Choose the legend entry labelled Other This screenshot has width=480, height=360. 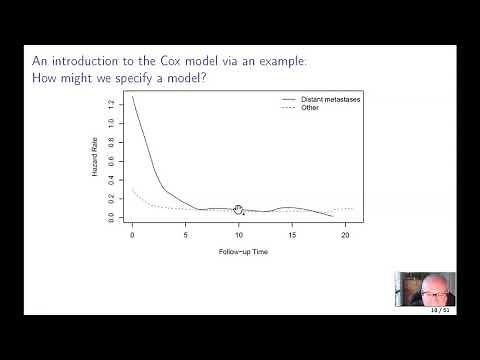click(309, 108)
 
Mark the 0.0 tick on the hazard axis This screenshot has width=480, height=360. click(111, 216)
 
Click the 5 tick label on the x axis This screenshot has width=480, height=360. click(185, 236)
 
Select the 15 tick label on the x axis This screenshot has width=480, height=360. click(292, 236)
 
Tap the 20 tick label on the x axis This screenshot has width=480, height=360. click(345, 236)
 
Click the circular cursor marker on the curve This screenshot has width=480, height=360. click(238, 210)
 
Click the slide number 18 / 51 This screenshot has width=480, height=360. click(440, 310)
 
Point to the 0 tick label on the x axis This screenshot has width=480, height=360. click(132, 236)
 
